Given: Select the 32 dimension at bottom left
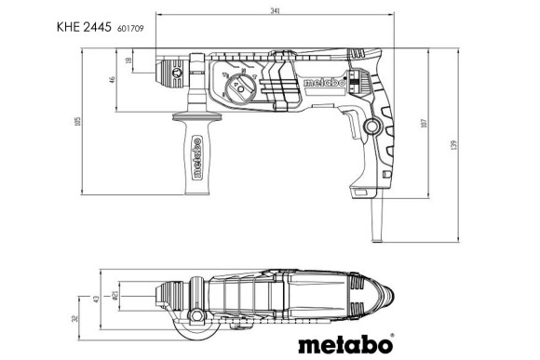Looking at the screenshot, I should click(74, 318).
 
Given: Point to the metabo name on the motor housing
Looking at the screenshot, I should click(325, 84).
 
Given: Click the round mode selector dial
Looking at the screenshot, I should click(242, 92).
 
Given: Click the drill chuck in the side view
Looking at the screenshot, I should click(171, 70).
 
